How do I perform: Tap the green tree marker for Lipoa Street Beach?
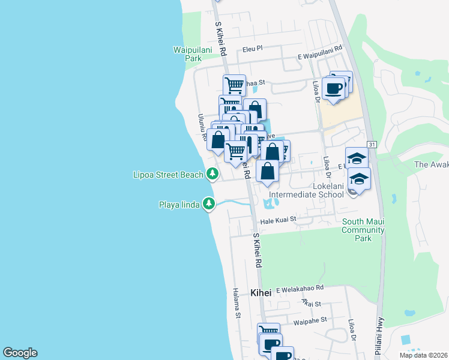212,174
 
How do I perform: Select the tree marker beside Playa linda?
208,204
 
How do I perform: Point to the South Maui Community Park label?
363,230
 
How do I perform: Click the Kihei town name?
260,292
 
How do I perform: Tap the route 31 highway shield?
372,145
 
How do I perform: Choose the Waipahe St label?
310,321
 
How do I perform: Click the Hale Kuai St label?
277,220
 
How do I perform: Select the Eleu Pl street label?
253,49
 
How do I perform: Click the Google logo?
20,353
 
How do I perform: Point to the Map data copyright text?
423,355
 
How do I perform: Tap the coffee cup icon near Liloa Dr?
334,88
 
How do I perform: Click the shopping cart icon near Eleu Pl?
234,85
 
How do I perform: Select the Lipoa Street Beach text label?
167,175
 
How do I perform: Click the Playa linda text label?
179,204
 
